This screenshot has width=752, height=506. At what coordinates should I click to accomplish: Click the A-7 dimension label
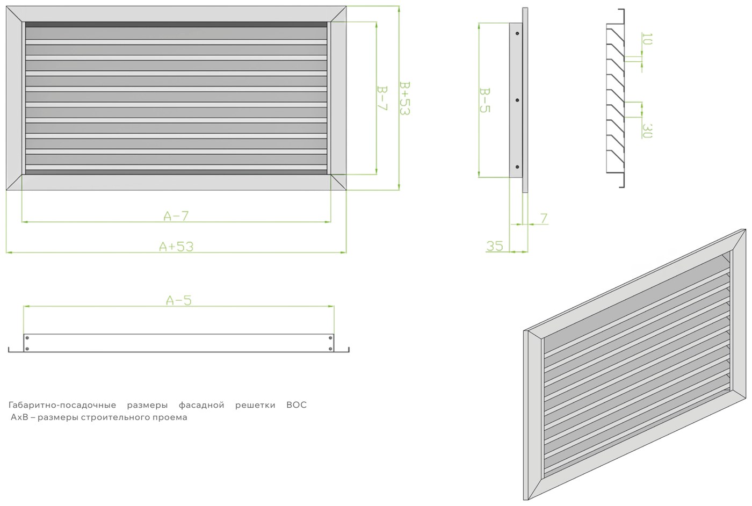(176, 216)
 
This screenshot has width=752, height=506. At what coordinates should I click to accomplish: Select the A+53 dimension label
(176, 247)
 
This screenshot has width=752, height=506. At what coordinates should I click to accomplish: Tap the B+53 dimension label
(405, 98)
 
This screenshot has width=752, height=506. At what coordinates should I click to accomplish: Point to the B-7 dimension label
(382, 98)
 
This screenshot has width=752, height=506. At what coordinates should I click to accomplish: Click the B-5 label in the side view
(485, 100)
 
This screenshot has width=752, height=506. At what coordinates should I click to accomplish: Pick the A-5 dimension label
(178, 300)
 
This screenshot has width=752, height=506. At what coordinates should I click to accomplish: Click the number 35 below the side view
(495, 246)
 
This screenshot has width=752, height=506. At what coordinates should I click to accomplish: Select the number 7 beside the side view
(544, 219)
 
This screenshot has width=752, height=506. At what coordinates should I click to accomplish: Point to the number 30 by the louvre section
(647, 131)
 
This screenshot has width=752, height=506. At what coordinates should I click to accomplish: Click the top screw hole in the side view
(517, 34)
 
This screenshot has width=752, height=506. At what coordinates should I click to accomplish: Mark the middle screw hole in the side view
(517, 100)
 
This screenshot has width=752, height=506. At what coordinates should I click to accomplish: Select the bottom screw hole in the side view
(517, 167)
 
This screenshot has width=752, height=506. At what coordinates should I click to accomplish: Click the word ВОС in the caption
(297, 405)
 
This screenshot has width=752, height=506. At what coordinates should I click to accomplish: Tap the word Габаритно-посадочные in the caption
(62, 405)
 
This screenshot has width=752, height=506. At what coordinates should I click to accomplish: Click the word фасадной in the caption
(201, 405)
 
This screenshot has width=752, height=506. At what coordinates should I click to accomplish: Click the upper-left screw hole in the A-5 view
(27, 338)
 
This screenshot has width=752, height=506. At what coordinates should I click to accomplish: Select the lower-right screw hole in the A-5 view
(330, 349)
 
